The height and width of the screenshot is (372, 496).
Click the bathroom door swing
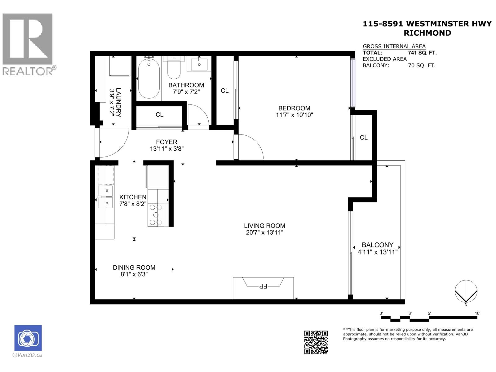tap(198, 115)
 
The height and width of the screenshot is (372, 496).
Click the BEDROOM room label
tap(294, 108)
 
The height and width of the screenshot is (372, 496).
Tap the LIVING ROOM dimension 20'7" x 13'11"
tap(264, 232)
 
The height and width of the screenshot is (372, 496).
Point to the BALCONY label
tap(377, 245)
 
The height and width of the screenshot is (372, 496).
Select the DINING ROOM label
tap(134, 268)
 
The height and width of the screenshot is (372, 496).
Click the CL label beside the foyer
tap(159, 115)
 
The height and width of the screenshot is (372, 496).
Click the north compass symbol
tap(466, 291)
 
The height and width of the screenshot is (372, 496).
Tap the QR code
tap(316, 342)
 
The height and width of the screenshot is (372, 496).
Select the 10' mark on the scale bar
tap(477, 314)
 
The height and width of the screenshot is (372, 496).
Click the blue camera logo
tap(28, 338)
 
